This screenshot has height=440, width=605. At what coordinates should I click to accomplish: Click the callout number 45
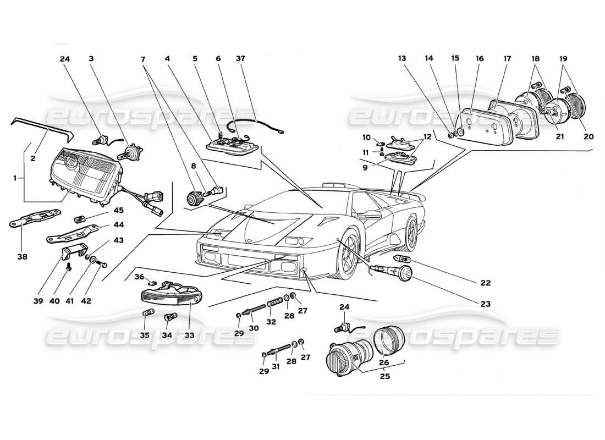coord(119,210)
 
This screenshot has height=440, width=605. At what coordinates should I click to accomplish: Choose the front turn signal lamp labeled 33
coord(168,294)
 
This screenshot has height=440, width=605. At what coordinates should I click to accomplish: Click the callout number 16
coord(480,58)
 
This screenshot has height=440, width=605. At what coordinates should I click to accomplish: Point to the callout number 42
coord(87,301)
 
